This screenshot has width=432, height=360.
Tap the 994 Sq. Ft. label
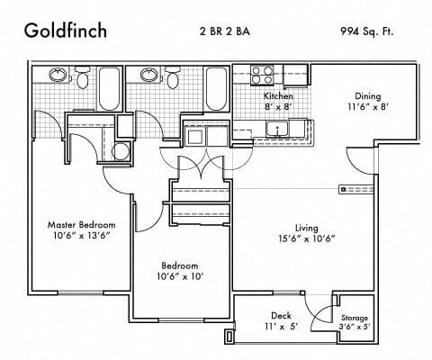(x=372, y=31)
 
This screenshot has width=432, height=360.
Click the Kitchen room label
(x=278, y=95)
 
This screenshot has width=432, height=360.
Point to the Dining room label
(x=366, y=96)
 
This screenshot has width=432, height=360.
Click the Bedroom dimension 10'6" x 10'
(x=179, y=278)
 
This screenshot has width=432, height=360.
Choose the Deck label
(x=280, y=315)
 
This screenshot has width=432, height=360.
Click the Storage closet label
(x=355, y=318)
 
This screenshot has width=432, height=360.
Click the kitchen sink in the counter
(x=279, y=132)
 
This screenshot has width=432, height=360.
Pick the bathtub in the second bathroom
(x=216, y=86)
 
